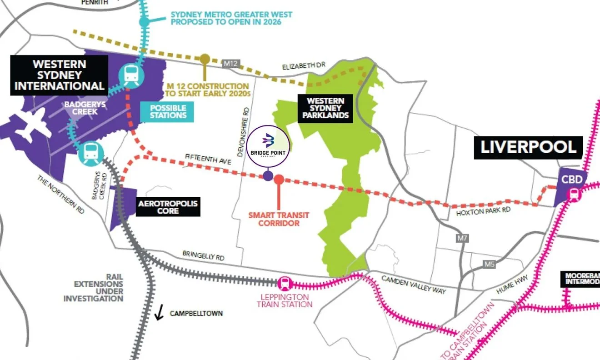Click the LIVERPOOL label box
(528, 148)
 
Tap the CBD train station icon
(574, 194)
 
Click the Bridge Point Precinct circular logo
(269, 145)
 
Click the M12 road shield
(230, 64)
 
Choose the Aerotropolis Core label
(168, 207)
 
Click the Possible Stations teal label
(168, 111)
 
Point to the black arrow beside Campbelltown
(159, 313)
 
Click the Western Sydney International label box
(59, 75)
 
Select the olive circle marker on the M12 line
(205, 59)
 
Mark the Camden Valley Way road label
(413, 285)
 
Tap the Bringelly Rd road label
(203, 255)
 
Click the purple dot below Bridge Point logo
(268, 176)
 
